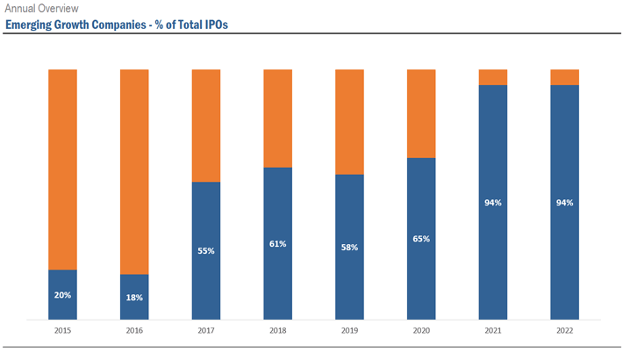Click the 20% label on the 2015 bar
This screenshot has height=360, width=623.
62,295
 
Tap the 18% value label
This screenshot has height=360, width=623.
134,298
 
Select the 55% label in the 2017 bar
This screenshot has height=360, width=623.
206,251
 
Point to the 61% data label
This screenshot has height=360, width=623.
278,244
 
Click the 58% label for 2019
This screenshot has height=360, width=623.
349,248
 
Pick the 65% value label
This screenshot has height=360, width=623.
421,239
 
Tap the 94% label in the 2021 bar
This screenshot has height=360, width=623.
493,203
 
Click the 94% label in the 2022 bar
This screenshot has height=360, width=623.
564,203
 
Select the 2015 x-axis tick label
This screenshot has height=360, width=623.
62,331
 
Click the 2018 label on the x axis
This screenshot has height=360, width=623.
278,331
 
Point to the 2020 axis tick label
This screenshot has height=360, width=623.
421,331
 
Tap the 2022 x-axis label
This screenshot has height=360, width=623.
564,331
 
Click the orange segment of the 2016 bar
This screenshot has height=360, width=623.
134,171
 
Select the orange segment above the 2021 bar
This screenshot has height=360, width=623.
493,76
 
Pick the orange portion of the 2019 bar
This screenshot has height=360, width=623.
349,121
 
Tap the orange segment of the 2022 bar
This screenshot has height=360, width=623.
564,76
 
